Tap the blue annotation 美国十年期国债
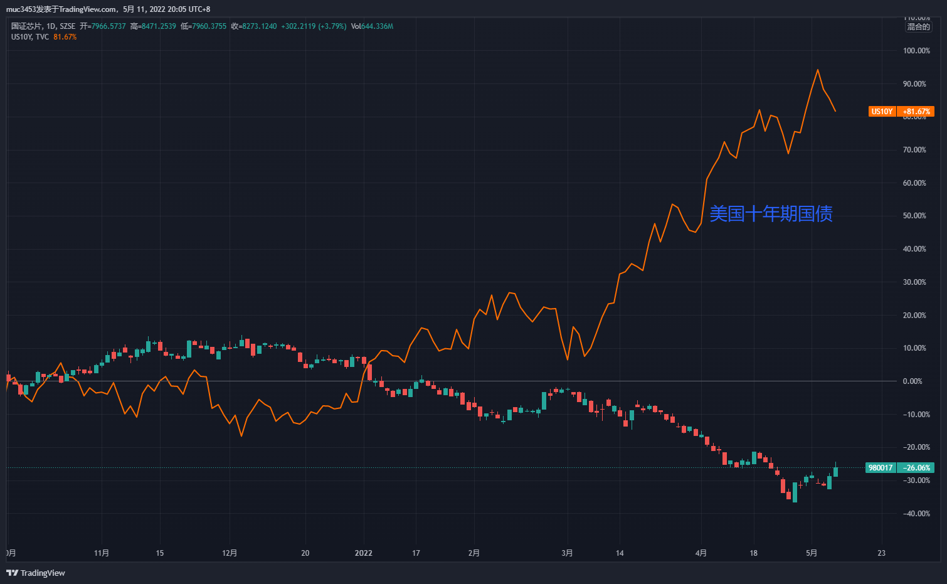click(x=771, y=214)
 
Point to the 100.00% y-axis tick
click(x=916, y=51)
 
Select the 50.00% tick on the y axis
click(x=914, y=216)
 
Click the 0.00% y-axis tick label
click(x=912, y=381)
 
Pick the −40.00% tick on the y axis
click(x=916, y=514)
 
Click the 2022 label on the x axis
click(x=363, y=553)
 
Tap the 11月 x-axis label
click(x=102, y=553)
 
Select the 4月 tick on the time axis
click(x=701, y=553)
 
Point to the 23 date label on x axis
click(x=881, y=553)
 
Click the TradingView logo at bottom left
click(x=36, y=573)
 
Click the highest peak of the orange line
click(x=817, y=70)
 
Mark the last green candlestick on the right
click(x=835, y=471)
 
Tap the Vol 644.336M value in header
click(x=372, y=26)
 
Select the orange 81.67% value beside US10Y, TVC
click(x=65, y=37)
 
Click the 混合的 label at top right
click(x=918, y=27)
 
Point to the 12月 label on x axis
click(x=230, y=553)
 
